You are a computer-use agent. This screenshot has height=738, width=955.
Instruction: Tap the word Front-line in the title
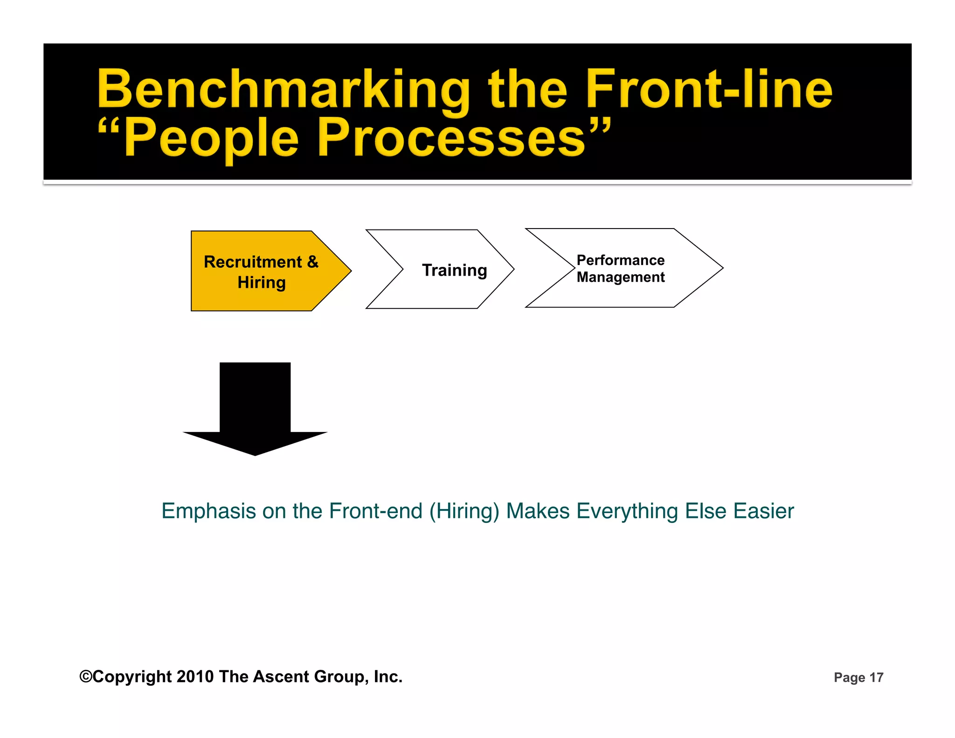coord(709,89)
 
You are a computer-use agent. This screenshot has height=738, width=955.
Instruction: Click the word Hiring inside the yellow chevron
coord(261,283)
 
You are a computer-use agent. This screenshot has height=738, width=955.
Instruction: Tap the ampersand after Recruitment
coord(312,262)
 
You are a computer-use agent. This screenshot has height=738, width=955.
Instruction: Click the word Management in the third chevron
coord(620,277)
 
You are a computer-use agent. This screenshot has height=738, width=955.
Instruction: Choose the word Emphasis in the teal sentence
coord(209,511)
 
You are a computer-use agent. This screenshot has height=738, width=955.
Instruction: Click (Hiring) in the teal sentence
coord(464,511)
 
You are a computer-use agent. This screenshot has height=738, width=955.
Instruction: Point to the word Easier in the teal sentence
coord(763,511)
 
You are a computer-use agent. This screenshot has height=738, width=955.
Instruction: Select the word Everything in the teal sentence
coord(627,511)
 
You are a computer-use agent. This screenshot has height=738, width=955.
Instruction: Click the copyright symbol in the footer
coord(86,676)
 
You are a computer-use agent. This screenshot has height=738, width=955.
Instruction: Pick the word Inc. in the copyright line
coord(388,676)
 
